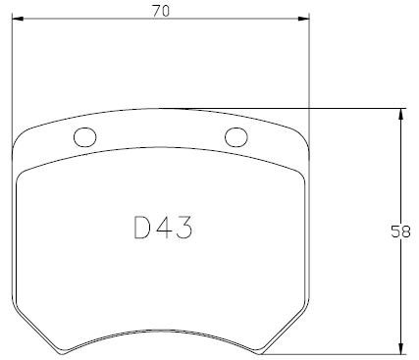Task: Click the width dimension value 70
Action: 161,11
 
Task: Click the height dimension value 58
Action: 400,231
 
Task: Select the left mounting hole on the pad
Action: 85,137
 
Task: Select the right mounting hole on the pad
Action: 236,137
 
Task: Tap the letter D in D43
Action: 142,228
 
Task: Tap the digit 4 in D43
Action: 164,228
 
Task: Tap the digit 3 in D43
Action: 184,228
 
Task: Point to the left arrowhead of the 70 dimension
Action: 18,19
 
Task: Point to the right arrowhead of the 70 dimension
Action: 303,19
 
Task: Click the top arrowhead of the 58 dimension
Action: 401,115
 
